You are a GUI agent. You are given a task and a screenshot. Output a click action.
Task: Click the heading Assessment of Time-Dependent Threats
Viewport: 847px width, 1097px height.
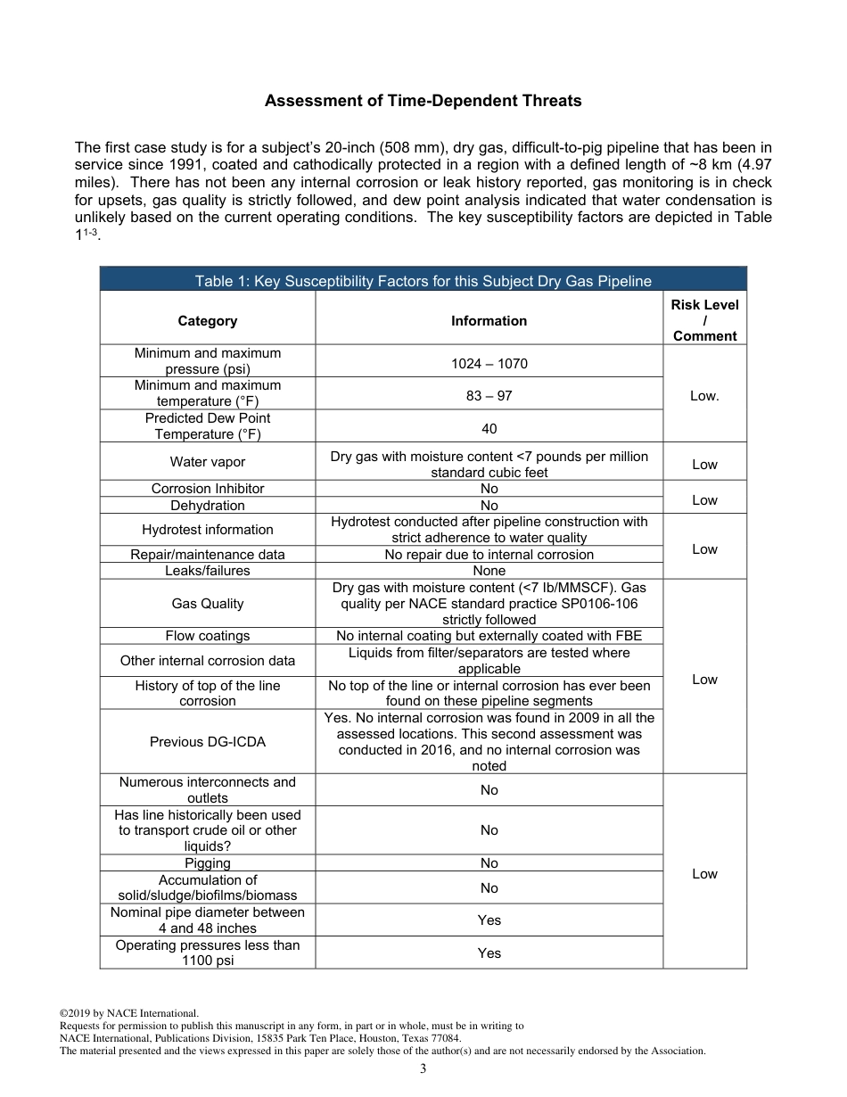423,101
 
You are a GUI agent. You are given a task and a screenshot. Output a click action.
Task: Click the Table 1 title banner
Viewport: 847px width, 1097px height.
423,281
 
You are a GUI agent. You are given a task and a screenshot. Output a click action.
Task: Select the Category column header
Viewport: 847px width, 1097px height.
207,321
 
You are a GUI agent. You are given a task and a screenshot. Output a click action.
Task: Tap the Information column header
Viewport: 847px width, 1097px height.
489,321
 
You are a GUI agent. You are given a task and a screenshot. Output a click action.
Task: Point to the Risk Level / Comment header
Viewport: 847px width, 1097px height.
704,320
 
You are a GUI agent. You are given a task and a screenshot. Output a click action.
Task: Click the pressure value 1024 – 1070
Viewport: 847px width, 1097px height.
489,364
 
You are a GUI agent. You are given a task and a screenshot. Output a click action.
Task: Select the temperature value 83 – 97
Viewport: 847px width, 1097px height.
489,396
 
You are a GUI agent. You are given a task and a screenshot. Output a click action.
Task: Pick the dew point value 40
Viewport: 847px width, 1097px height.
489,428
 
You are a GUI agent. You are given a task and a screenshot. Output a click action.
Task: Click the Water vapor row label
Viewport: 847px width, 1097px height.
207,462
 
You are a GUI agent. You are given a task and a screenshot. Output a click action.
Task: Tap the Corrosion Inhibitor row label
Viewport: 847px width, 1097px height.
207,489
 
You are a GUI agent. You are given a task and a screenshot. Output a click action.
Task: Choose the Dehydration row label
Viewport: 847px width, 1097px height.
207,506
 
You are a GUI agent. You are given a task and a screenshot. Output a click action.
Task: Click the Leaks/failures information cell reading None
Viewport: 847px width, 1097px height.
489,571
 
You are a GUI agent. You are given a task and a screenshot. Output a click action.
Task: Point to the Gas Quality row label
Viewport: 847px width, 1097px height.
207,604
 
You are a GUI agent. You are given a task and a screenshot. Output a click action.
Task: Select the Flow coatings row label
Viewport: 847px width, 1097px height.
207,636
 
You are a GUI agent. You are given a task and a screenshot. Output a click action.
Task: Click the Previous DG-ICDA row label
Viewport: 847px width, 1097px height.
207,742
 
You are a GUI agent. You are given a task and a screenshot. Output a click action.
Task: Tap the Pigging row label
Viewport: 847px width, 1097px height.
207,863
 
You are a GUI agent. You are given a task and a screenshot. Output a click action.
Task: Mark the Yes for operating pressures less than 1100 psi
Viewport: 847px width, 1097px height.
489,953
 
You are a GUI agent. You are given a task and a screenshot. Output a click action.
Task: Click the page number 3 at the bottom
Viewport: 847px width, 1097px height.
423,1069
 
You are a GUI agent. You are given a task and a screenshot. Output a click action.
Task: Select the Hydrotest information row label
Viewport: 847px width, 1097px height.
207,530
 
